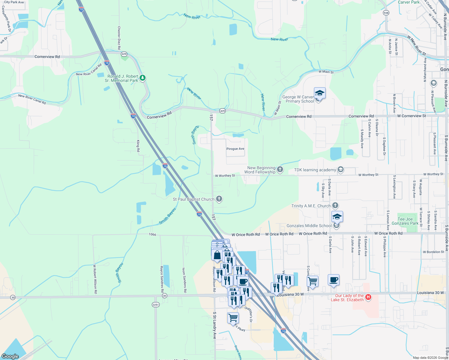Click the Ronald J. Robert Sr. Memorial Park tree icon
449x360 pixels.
click(x=143, y=78)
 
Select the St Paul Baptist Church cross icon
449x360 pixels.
click(x=219, y=199)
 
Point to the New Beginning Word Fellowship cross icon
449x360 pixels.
click(x=280, y=169)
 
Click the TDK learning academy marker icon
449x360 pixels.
click(x=341, y=170)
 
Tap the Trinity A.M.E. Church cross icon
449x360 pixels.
click(x=335, y=205)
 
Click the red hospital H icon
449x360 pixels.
click(x=368, y=297)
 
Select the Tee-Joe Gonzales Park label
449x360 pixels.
click(x=405, y=221)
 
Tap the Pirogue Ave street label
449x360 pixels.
click(x=235, y=149)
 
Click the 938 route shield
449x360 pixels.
click(x=386, y=13)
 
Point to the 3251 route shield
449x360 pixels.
click(x=155, y=304)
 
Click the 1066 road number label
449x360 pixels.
click(x=152, y=234)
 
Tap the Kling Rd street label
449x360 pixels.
click(x=138, y=146)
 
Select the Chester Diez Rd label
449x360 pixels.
click(x=119, y=38)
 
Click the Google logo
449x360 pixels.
click(x=10, y=356)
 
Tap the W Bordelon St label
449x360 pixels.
click(x=433, y=252)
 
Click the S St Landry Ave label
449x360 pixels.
click(x=215, y=325)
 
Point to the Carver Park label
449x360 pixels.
click(x=408, y=2)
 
